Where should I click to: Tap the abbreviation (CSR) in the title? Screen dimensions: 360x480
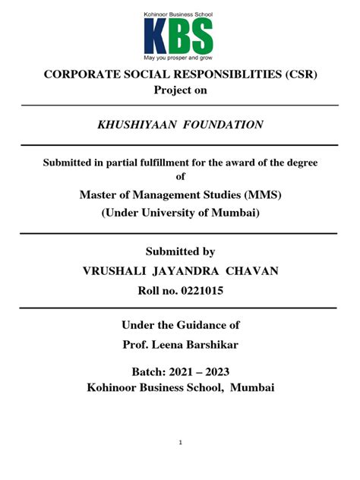coord(292,76)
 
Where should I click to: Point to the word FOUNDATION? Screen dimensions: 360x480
coord(225,125)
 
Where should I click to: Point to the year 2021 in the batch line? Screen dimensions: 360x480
coord(185,372)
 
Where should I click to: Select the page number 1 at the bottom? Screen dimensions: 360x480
coord(180,442)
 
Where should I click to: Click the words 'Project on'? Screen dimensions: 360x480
coord(180,91)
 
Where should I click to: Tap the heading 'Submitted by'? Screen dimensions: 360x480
coord(180,251)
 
